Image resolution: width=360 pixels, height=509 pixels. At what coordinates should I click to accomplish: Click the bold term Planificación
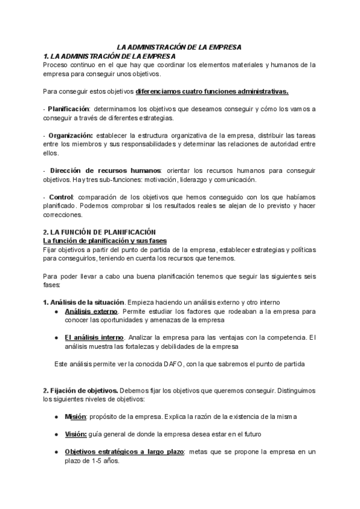click(x=68, y=109)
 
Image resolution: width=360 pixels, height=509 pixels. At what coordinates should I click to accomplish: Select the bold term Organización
click(x=70, y=135)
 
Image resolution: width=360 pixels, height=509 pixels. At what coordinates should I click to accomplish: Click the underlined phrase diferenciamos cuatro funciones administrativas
click(x=212, y=91)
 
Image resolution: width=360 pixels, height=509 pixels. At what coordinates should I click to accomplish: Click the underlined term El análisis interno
click(x=94, y=337)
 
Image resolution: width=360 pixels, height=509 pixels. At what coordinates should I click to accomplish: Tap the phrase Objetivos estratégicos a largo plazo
click(x=124, y=451)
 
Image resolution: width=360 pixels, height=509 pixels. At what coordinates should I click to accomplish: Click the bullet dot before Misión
click(x=56, y=417)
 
